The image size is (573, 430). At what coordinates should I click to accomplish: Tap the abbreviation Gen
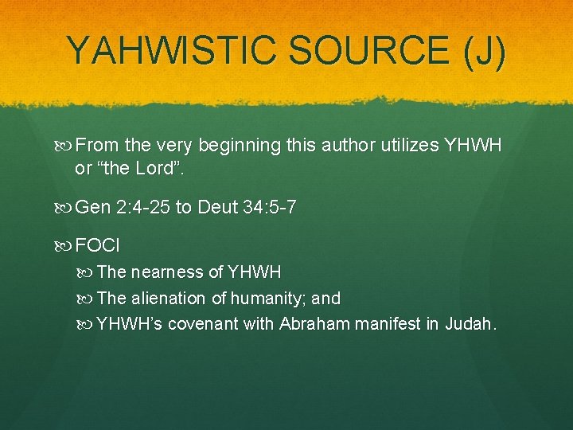tap(94, 208)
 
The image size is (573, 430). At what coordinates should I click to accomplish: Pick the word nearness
tap(167, 272)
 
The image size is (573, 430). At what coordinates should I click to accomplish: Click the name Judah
tap(471, 324)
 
